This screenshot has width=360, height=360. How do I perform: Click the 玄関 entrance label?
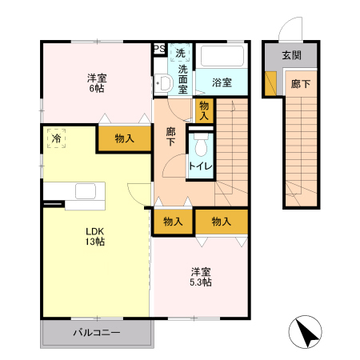click(292, 55)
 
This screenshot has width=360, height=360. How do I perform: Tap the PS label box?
click(159, 49)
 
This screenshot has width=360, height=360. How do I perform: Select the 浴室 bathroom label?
click(222, 82)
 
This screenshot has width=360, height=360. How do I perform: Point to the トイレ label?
click(200, 166)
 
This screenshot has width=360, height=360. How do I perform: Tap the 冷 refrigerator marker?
click(56, 137)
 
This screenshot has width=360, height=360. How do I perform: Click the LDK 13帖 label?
click(96, 237)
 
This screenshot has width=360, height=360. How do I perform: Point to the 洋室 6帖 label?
click(97, 82)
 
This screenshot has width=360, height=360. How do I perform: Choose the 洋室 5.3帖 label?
click(200, 276)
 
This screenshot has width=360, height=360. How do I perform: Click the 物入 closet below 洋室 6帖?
click(124, 138)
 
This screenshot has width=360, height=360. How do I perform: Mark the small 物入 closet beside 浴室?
click(204, 110)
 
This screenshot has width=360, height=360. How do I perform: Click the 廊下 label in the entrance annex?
click(301, 83)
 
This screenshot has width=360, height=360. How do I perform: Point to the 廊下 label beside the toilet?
click(171, 137)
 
